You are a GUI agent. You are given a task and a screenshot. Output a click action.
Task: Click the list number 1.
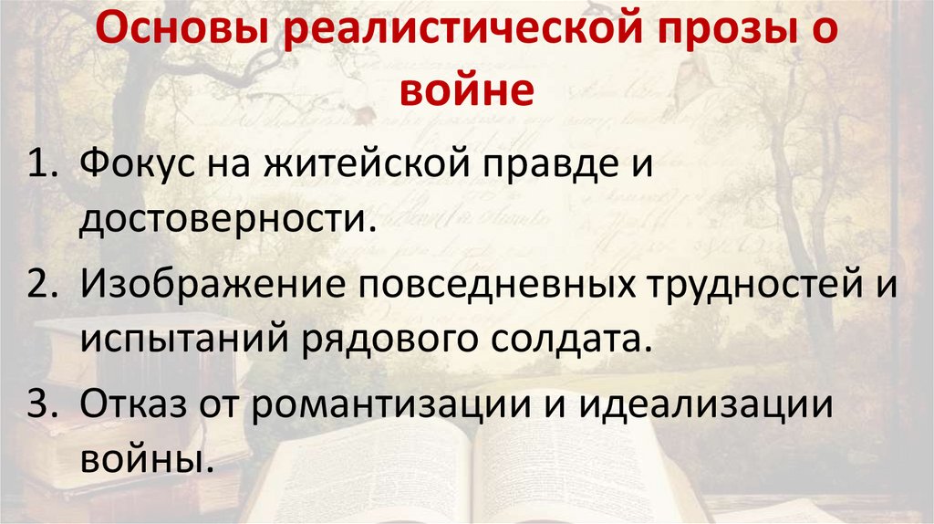(x=44, y=167)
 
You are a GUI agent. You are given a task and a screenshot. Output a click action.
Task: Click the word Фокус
(x=132, y=167)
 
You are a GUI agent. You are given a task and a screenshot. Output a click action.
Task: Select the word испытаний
(x=180, y=339)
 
